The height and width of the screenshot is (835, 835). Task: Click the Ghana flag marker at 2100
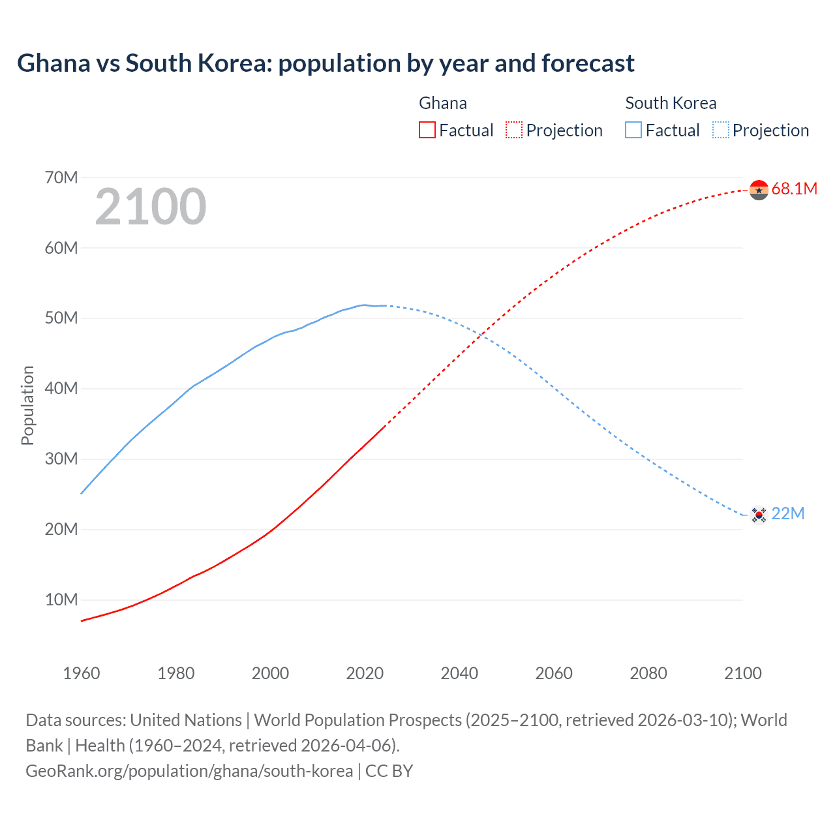pyautogui.click(x=759, y=190)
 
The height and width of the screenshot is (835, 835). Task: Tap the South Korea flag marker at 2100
pyautogui.click(x=759, y=515)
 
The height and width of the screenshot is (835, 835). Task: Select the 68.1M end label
pyautogui.click(x=794, y=189)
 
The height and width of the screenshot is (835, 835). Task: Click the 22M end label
pyautogui.click(x=787, y=514)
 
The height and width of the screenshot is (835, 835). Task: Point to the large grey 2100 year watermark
pyautogui.click(x=151, y=207)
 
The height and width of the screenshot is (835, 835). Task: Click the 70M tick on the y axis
pyautogui.click(x=61, y=177)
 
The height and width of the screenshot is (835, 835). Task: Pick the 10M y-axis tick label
pyautogui.click(x=61, y=600)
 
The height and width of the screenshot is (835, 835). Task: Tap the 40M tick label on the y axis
pyautogui.click(x=61, y=389)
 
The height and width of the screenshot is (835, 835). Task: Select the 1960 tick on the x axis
pyautogui.click(x=82, y=673)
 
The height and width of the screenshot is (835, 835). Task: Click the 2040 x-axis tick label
pyautogui.click(x=459, y=673)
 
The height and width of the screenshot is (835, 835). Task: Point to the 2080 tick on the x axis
pyautogui.click(x=648, y=673)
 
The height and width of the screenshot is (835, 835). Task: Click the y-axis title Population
pyautogui.click(x=27, y=406)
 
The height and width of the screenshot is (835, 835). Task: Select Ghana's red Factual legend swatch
pyautogui.click(x=427, y=130)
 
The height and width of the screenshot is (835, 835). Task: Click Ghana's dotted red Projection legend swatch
pyautogui.click(x=514, y=130)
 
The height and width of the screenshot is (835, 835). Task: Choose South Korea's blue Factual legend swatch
pyautogui.click(x=633, y=130)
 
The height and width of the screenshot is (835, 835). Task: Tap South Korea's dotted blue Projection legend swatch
pyautogui.click(x=721, y=130)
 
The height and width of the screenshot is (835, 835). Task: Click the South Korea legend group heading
pyautogui.click(x=671, y=103)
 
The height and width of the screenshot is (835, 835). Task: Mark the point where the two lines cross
pyautogui.click(x=481, y=335)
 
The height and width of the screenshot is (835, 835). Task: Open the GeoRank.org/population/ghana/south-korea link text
pyautogui.click(x=189, y=771)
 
